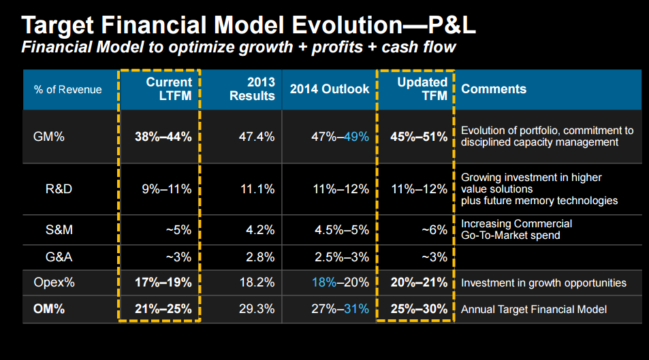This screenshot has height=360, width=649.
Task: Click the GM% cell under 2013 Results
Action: click(x=257, y=137)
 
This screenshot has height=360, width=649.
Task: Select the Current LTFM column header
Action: click(x=169, y=88)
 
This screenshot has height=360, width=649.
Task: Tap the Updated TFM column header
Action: click(x=422, y=88)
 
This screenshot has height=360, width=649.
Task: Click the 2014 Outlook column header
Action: click(x=330, y=89)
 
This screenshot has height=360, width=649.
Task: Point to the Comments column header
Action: click(x=494, y=89)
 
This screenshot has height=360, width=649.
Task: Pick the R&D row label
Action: click(x=59, y=189)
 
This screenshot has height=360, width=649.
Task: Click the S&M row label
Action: click(x=59, y=229)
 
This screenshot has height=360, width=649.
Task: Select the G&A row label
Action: click(x=59, y=257)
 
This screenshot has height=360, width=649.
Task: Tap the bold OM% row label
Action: click(x=49, y=309)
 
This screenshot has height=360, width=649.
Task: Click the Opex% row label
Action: click(x=54, y=282)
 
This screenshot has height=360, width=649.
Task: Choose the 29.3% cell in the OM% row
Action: click(x=257, y=309)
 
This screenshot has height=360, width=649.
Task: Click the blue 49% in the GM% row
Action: click(x=356, y=137)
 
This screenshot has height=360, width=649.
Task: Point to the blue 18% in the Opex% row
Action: click(x=324, y=282)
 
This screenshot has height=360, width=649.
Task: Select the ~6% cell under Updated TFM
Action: click(x=434, y=229)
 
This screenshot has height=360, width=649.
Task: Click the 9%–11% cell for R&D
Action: click(x=167, y=189)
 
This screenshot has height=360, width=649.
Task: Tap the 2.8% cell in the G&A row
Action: click(x=260, y=257)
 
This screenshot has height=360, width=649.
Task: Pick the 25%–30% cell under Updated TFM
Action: click(x=419, y=309)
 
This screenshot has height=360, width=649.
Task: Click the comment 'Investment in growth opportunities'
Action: click(x=543, y=283)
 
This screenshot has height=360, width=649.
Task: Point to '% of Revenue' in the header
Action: click(x=68, y=90)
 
